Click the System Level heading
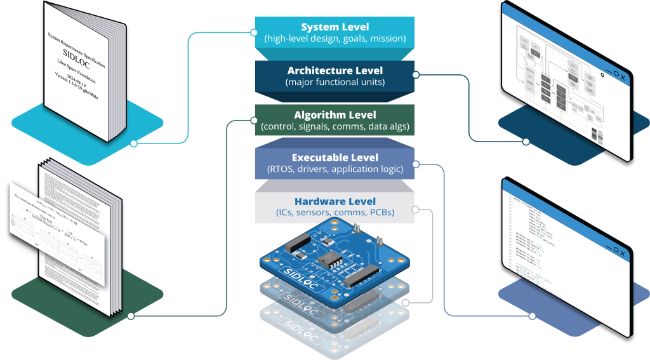click(335, 27)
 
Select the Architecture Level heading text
click(335, 70)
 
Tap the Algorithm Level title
click(335, 115)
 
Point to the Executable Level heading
click(335, 157)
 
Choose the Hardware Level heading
click(335, 201)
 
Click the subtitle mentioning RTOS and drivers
click(335, 169)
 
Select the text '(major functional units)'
click(335, 82)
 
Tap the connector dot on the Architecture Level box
click(415, 75)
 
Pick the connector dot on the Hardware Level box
click(415, 209)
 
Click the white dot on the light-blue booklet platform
click(133, 143)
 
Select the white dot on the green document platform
click(131, 316)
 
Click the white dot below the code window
click(532, 316)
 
